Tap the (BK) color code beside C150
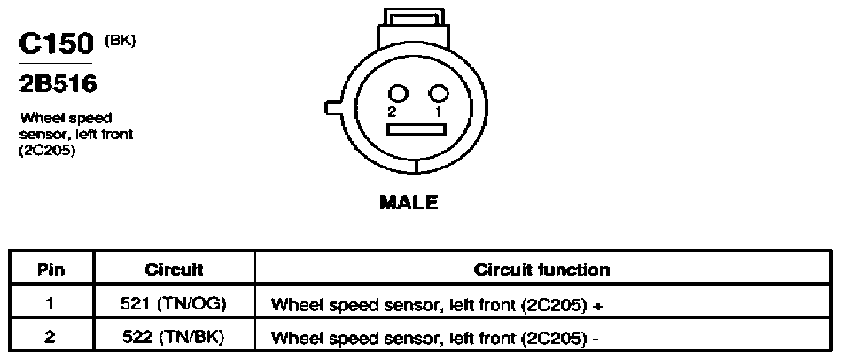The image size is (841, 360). tap(120, 42)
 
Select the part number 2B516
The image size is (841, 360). tap(58, 84)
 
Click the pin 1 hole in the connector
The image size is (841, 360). tap(438, 94)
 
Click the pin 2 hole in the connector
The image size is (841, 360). tap(399, 94)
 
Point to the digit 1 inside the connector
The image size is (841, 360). tap(438, 112)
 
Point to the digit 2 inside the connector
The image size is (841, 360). tap(393, 112)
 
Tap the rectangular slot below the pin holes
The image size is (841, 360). tap(417, 129)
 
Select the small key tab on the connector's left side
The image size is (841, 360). tap(332, 107)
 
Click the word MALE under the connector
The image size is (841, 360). tap(409, 202)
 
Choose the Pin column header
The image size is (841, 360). tap(51, 270)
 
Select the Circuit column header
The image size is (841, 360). tap(174, 270)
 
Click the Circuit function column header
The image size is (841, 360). tap(541, 270)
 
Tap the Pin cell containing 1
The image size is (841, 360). tap(51, 304)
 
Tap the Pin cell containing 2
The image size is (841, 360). tap(51, 337)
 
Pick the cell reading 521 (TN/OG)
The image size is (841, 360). tap(174, 304)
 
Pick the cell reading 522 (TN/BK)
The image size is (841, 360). tap(174, 337)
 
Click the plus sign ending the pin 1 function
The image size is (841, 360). tap(599, 306)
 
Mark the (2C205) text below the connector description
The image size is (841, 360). tap(47, 152)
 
